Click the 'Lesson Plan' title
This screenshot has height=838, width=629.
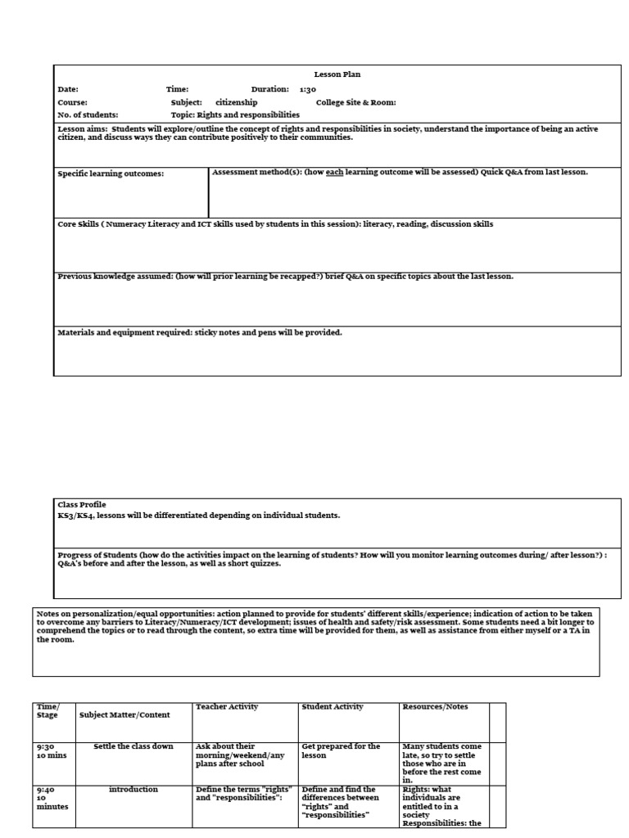tap(337, 74)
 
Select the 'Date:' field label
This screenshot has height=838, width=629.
tap(68, 89)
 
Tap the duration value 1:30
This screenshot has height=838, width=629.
tap(307, 89)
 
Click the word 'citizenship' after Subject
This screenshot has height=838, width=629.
tap(236, 102)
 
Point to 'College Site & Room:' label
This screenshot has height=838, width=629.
tap(355, 102)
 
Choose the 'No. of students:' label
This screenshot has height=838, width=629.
tap(88, 115)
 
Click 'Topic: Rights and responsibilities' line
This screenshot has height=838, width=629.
tap(235, 115)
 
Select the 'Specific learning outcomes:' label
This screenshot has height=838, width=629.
tap(111, 173)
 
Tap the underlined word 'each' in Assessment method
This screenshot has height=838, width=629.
tap(333, 172)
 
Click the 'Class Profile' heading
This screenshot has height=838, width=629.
tap(82, 505)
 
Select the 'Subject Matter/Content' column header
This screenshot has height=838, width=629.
tap(124, 714)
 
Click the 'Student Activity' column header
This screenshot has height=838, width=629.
tap(333, 707)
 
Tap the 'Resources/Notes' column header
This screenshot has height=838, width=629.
tap(435, 707)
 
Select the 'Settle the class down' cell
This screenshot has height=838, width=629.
tap(133, 746)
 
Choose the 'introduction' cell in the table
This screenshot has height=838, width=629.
tap(133, 790)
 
